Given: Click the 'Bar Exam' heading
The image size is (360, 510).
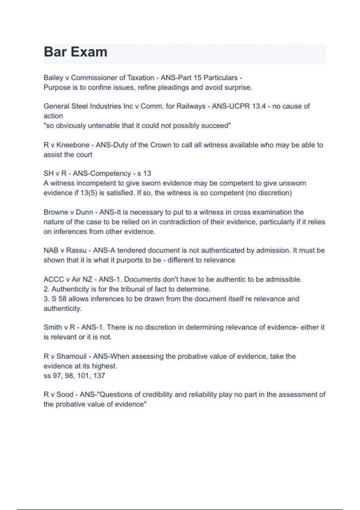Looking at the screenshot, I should coord(76,52).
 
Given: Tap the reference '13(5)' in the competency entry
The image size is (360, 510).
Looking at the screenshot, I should coord(88,193).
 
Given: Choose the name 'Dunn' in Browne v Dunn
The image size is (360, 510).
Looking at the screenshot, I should coord(84,212).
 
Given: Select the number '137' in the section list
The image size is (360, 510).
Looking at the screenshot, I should coord(99,376).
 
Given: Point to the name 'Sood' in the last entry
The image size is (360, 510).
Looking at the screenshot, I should coord(65,394).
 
